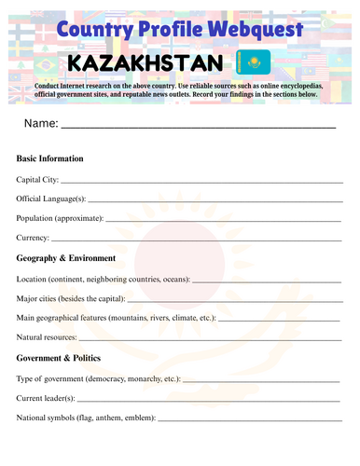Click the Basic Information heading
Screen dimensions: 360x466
[x=50, y=158]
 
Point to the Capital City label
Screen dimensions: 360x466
[x=37, y=179]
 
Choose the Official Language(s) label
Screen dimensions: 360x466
[x=51, y=199]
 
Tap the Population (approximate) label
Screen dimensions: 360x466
[x=60, y=218]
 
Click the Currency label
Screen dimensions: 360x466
[x=35, y=238]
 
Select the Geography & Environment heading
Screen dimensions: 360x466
[x=66, y=258]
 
